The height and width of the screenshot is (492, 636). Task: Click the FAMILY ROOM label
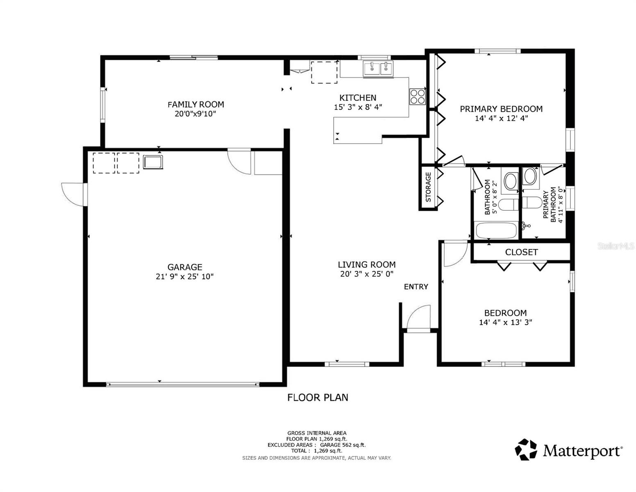click(x=195, y=104)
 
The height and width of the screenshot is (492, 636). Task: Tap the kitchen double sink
click(x=378, y=68)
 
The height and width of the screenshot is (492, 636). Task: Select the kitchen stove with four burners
click(x=418, y=96)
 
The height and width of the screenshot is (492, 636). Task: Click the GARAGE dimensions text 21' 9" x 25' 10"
click(x=184, y=277)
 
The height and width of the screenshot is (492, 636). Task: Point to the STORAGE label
click(x=428, y=187)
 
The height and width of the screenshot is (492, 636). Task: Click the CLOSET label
click(x=521, y=252)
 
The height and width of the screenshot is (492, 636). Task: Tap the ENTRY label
click(x=416, y=287)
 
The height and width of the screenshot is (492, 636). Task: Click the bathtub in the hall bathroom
click(x=496, y=230)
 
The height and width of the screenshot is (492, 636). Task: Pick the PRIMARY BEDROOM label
click(x=501, y=109)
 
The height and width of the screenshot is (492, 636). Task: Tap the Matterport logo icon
click(x=526, y=449)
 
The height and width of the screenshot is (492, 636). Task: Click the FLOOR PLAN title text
click(x=318, y=397)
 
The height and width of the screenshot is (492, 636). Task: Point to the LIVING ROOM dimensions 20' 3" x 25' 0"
click(x=366, y=274)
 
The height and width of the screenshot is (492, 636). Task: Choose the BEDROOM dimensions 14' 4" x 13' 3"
click(x=505, y=322)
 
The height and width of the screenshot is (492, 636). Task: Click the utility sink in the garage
click(x=153, y=162)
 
